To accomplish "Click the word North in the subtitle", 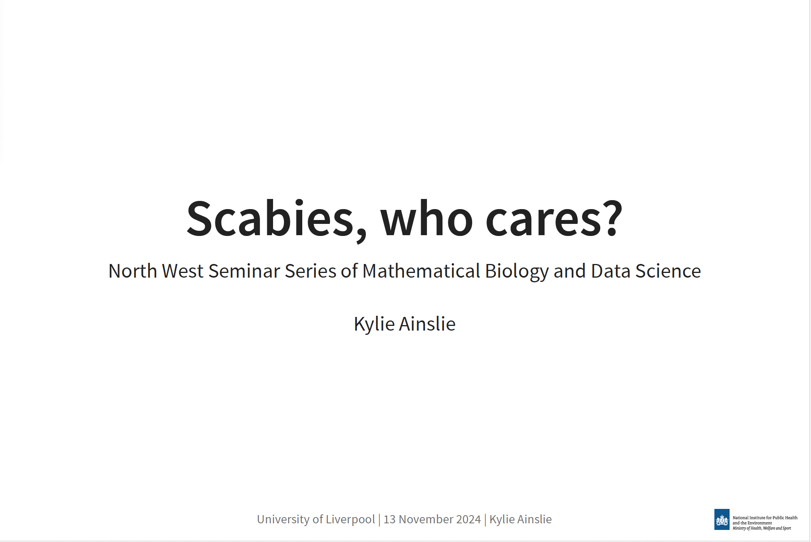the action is [x=132, y=271].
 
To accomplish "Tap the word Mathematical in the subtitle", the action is [x=421, y=271].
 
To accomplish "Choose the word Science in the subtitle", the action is [x=668, y=271].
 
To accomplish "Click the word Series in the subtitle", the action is [x=310, y=271].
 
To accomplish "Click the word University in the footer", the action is [x=283, y=520].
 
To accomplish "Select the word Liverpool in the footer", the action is [x=350, y=520].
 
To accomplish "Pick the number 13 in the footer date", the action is [x=390, y=519].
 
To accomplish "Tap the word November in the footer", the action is [x=426, y=519].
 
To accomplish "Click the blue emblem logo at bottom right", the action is [x=722, y=519].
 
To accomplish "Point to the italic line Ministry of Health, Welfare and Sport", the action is [x=762, y=528].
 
